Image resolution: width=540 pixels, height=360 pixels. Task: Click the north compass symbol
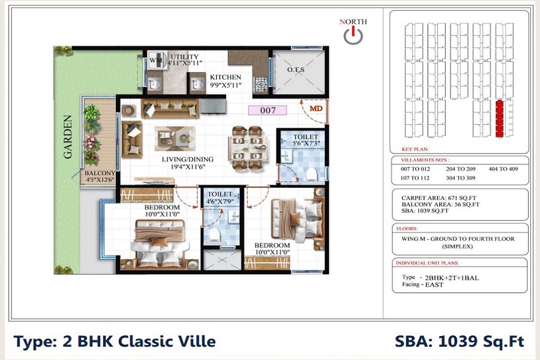(x=353, y=35)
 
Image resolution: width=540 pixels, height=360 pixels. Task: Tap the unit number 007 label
(x=268, y=110)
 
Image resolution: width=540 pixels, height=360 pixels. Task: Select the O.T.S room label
(x=296, y=70)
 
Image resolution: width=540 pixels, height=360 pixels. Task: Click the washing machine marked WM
(x=155, y=61)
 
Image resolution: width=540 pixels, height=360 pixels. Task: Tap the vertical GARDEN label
(x=68, y=137)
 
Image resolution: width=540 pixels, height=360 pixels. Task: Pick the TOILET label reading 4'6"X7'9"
(x=220, y=199)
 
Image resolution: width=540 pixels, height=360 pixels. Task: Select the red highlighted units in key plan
(x=498, y=120)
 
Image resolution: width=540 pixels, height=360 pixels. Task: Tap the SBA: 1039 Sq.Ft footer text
(x=459, y=342)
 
